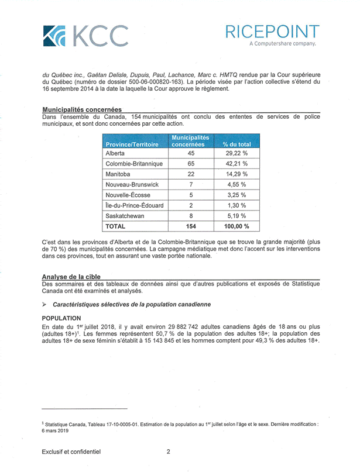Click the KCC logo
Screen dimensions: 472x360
[84, 36]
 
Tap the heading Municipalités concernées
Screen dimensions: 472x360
[81, 109]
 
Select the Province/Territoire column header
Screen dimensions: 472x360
[132, 144]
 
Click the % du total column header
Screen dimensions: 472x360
[236, 144]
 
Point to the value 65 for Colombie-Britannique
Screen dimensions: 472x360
[191, 164]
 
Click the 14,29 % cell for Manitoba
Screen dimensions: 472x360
[236, 174]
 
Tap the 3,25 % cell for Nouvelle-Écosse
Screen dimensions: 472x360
[236, 195]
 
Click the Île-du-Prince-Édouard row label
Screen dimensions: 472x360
[134, 205]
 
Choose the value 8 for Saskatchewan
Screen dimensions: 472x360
[191, 215]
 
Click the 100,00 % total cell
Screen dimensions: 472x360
[236, 226]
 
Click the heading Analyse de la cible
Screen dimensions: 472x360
[71, 277]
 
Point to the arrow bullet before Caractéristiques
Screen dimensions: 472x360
[44, 305]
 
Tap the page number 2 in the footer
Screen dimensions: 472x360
[168, 452]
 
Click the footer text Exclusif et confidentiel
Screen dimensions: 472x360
[71, 452]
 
